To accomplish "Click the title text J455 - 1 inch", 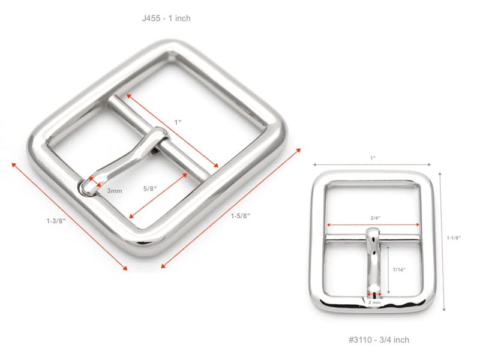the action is click(166, 19).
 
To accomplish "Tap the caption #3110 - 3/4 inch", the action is click(379, 340).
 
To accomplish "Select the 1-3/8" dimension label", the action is click(56, 221).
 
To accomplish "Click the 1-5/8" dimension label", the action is click(241, 215).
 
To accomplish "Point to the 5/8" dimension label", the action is click(150, 188).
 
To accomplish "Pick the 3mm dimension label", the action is click(115, 191).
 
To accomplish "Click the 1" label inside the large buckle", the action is click(178, 122).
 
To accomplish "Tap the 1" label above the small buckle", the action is click(373, 158).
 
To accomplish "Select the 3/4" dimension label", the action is click(376, 218).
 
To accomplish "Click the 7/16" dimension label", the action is click(399, 269).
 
